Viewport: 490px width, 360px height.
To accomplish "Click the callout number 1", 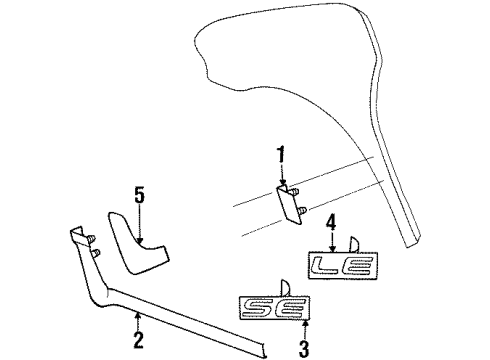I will (281, 155).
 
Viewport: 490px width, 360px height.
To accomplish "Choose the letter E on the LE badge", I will (353, 265).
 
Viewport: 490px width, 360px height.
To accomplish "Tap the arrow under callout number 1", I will (281, 176).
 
